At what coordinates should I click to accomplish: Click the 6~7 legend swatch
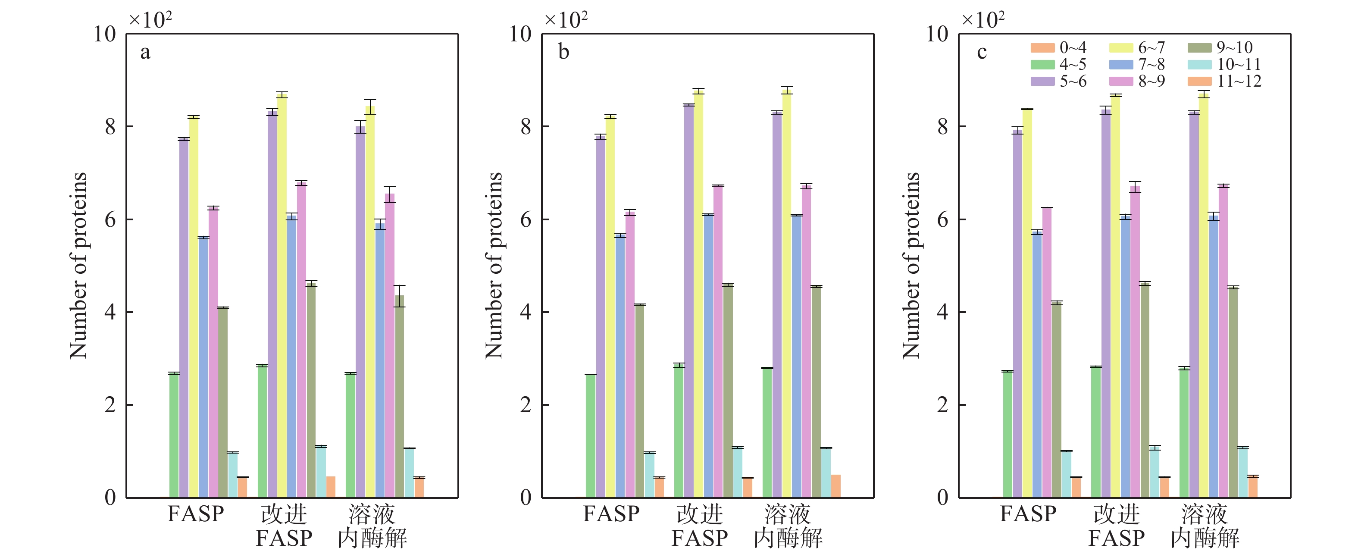(1121, 48)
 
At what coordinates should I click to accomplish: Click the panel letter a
(145, 52)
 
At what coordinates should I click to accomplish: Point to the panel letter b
(563, 52)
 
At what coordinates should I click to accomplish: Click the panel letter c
(982, 52)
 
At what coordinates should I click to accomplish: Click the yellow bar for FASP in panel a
(194, 306)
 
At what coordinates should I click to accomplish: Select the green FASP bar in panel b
(591, 435)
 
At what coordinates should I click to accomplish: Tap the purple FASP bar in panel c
(1017, 314)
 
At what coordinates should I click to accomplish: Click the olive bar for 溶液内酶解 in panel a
(400, 395)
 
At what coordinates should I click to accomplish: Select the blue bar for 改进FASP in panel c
(1126, 357)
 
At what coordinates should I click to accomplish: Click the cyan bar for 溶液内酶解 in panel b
(826, 473)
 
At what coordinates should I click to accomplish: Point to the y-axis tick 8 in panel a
(110, 127)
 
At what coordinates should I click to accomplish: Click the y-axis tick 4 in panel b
(526, 312)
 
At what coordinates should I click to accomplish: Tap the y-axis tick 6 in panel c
(942, 219)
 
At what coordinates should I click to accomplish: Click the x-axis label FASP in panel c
(1028, 513)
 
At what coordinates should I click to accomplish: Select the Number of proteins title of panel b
(494, 265)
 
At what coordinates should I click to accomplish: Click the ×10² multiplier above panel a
(151, 20)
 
